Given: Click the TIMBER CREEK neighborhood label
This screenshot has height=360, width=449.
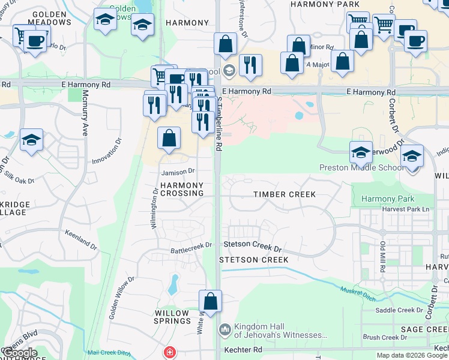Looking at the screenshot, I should coord(284,194).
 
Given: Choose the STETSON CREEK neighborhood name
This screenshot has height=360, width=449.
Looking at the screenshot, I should coord(253,259).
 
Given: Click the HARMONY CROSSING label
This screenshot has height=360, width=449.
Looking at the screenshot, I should coord(182,189).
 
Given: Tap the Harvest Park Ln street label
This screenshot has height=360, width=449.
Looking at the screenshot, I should coord(406,209).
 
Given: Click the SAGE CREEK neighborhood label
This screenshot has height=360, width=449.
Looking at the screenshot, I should coord(424,329).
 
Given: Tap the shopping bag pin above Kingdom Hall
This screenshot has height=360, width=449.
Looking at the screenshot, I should coord(211,302).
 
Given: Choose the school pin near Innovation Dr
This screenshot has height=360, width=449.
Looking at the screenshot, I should coord(31,141).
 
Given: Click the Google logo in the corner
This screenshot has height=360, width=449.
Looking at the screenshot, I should coord(19,352).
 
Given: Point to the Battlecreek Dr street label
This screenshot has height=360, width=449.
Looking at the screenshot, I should coord(191,245).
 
